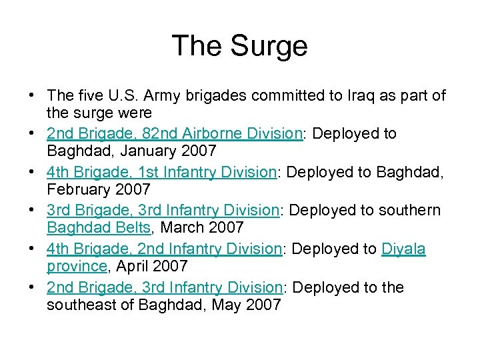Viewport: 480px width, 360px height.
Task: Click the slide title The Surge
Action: click(x=240, y=47)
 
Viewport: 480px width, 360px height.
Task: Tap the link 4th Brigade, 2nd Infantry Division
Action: click(x=165, y=249)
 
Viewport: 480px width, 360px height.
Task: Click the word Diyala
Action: click(x=403, y=249)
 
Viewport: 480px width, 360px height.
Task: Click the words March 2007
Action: click(x=203, y=228)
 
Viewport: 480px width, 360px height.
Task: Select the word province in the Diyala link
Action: click(x=77, y=267)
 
